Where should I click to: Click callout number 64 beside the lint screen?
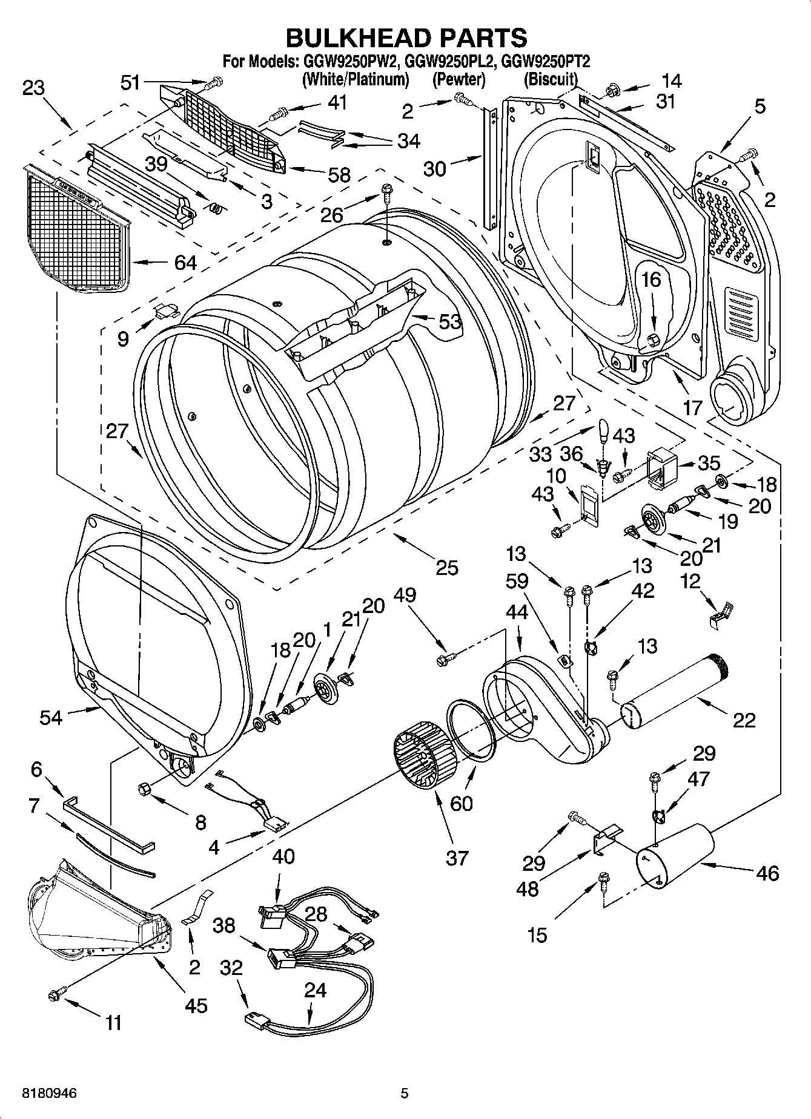pyautogui.click(x=185, y=263)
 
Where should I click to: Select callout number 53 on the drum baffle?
pyautogui.click(x=450, y=321)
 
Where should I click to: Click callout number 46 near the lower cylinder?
pyautogui.click(x=767, y=873)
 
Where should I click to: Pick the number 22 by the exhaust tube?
pyautogui.click(x=744, y=720)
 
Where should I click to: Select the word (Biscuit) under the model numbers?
pyautogui.click(x=550, y=79)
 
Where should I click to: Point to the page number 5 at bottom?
pyautogui.click(x=405, y=1094)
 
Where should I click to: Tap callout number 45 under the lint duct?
pyautogui.click(x=197, y=1005)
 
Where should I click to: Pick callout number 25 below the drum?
pyautogui.click(x=447, y=567)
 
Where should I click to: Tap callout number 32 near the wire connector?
pyautogui.click(x=231, y=968)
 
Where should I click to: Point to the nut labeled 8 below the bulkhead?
pyautogui.click(x=145, y=789)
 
